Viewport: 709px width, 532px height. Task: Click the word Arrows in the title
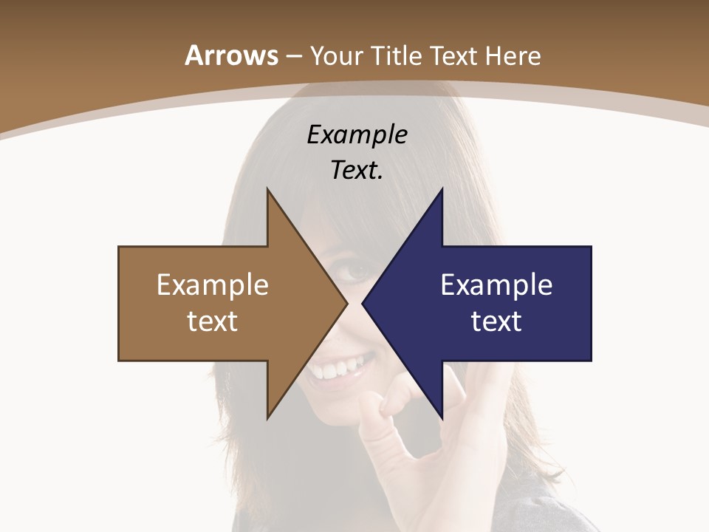pos(231,55)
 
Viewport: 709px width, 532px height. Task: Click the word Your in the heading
pos(337,56)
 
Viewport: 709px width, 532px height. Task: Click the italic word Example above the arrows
pos(357,135)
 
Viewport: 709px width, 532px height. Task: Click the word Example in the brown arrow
pos(213,284)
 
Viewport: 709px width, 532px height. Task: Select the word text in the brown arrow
pos(213,321)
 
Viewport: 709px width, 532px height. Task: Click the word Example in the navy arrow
pos(496,284)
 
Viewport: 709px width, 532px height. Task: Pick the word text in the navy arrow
pos(496,321)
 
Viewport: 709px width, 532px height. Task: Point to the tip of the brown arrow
pos(346,303)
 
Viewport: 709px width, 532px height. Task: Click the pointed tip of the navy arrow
pos(364,303)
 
